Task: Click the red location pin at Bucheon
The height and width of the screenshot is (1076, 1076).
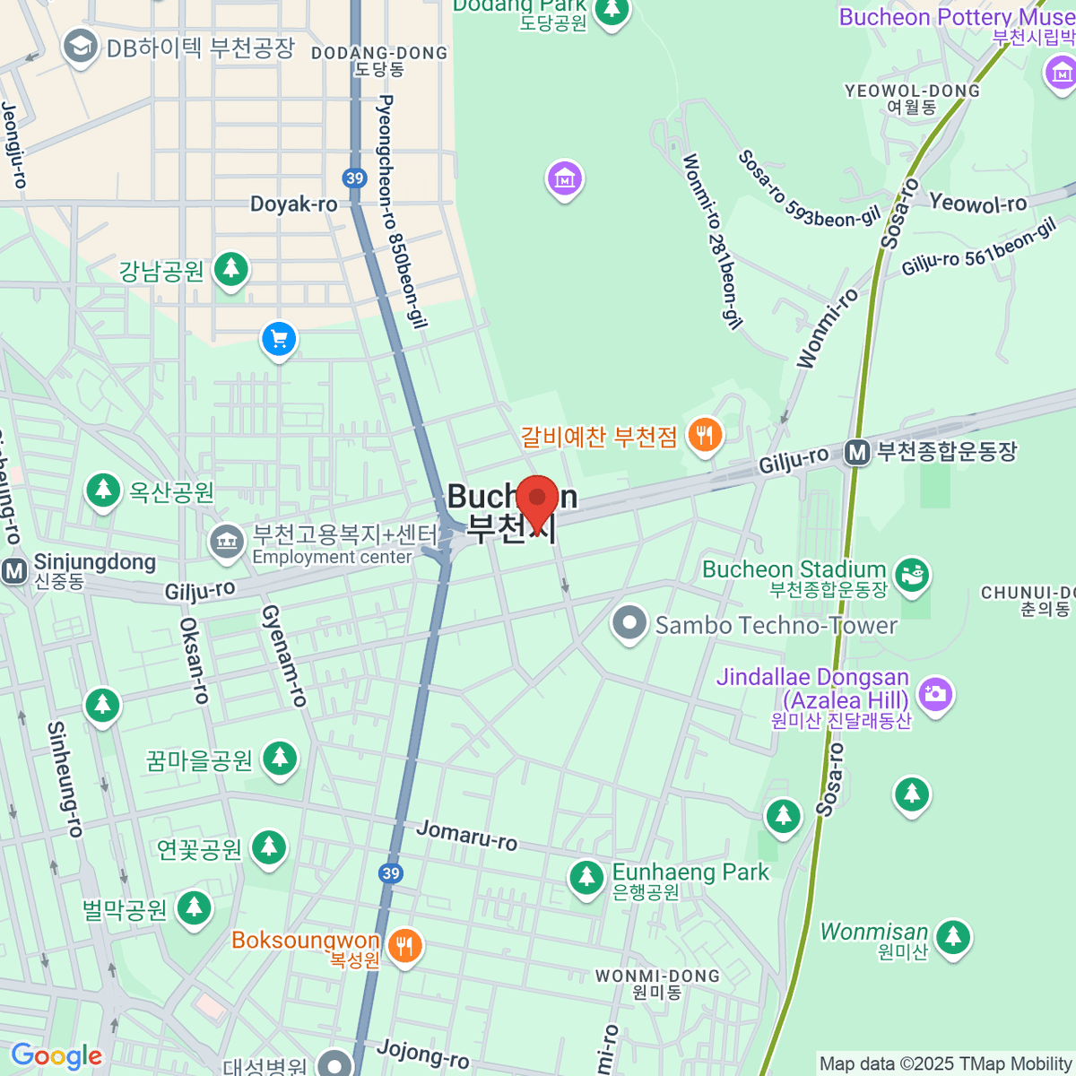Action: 537,499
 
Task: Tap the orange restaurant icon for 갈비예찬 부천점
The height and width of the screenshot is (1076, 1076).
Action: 705,436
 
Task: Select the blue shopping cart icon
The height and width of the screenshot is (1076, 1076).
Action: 279,340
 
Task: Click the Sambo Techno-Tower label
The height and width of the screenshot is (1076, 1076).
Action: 776,625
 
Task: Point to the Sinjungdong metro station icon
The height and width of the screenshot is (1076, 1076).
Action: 14,570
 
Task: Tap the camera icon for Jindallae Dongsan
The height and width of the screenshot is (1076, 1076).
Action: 935,693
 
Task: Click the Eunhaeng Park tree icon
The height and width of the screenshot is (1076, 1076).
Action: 586,877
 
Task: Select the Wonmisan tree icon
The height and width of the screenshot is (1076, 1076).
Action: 952,937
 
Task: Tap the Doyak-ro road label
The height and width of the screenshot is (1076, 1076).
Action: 293,204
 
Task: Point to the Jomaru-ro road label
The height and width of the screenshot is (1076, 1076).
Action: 466,835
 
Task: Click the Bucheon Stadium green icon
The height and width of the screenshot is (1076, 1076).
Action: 913,575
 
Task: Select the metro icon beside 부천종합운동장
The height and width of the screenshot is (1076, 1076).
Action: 857,453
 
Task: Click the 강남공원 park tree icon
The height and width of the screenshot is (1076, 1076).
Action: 231,267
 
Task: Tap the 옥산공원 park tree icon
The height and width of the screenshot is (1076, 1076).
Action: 103,490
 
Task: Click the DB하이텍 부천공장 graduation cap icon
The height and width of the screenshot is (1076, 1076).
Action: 81,47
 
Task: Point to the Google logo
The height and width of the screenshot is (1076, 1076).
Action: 56,1056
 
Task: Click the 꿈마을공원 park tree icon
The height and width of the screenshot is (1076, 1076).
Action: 280,759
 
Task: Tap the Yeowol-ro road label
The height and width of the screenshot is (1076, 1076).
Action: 977,204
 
